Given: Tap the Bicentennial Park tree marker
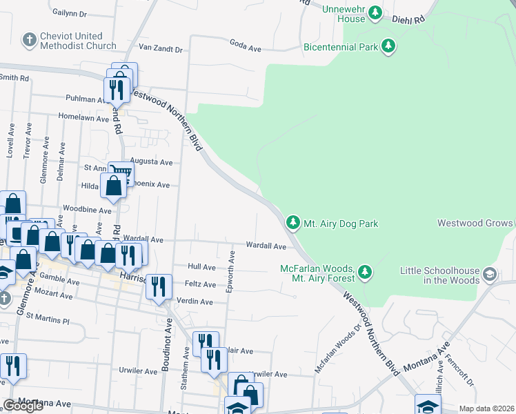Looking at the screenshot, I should pos(389,47).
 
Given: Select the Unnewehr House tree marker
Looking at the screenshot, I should pos(375,12).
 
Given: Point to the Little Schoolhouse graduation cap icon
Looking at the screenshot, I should pos(490,274).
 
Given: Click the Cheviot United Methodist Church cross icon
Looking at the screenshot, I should pos(29,41).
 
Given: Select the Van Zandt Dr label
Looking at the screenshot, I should pos(160,49).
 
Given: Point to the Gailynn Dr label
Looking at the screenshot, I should pos(69,13).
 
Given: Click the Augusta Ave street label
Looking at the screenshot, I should pos(157,162).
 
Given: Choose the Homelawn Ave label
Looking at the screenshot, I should pos(84,118).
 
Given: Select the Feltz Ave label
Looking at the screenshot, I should pos(200,284).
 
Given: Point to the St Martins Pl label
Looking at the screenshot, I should pos(48,321).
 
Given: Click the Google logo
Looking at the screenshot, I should pos(23,406).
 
